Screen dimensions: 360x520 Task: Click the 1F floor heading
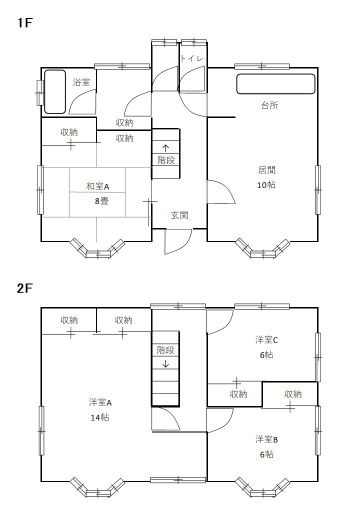(x=24, y=23)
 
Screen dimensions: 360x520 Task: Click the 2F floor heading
(x=24, y=288)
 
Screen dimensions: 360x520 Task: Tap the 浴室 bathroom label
(x=81, y=82)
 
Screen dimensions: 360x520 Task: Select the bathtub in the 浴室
(x=55, y=92)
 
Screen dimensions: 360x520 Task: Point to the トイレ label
(x=191, y=58)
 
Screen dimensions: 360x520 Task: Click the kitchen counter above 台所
(x=275, y=84)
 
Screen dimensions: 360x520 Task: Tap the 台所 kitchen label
(x=269, y=105)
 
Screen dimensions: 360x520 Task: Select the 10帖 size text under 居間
(x=266, y=185)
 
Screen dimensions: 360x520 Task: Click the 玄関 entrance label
(x=179, y=215)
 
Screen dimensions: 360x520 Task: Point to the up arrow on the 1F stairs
(x=165, y=148)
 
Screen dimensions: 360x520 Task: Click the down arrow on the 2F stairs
(x=165, y=364)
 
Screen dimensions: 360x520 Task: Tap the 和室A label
(x=97, y=186)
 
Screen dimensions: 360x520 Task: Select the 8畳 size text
(x=102, y=201)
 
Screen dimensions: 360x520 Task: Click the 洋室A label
(x=100, y=402)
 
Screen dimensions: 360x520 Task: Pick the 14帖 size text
(x=100, y=417)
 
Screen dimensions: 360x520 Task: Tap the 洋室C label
(x=266, y=340)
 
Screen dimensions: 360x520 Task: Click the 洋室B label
(x=266, y=439)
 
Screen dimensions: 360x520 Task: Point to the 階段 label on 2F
(x=165, y=350)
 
